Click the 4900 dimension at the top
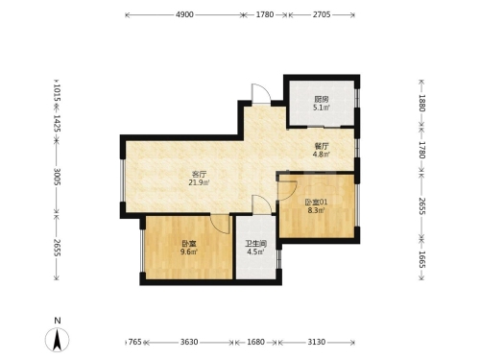point(184,14)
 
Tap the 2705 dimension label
point(322,14)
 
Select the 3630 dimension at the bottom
point(189,342)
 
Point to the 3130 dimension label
point(317,342)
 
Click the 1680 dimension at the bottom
point(256,342)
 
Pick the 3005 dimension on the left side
point(57,177)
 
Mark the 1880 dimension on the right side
point(421,103)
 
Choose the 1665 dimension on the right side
point(421,259)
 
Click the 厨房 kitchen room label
point(322,100)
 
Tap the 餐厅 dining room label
point(322,147)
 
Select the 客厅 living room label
point(199,175)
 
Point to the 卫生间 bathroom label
point(256,244)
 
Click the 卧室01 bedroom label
point(316,203)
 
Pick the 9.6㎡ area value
point(188,252)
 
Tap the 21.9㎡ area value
point(199,182)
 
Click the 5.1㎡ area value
point(322,108)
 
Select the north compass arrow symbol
point(58,340)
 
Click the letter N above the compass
point(58,321)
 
